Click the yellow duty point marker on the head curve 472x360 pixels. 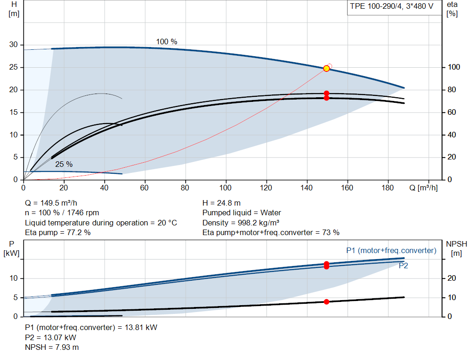pyautogui.click(x=326, y=69)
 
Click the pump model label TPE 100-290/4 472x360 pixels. pyautogui.click(x=376, y=6)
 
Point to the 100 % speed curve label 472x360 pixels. pyautogui.click(x=166, y=41)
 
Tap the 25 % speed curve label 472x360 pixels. pyautogui.click(x=64, y=165)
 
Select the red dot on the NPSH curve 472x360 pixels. pyautogui.click(x=326, y=301)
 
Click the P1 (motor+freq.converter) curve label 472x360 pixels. pyautogui.click(x=391, y=250)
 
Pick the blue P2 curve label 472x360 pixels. pyautogui.click(x=403, y=266)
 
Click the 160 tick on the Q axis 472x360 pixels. pyautogui.click(x=347, y=188)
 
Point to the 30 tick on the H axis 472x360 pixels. pyautogui.click(x=13, y=45)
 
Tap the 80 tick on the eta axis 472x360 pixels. pyautogui.click(x=452, y=90)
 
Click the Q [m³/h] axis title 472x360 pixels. pyautogui.click(x=423, y=188)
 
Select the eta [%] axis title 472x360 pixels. pyautogui.click(x=452, y=9)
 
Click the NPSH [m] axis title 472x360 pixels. pyautogui.click(x=456, y=248)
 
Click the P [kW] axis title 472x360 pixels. pyautogui.click(x=12, y=248)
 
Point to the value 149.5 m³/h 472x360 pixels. pyautogui.click(x=59, y=203)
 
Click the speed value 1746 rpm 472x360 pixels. pyautogui.click(x=83, y=213)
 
